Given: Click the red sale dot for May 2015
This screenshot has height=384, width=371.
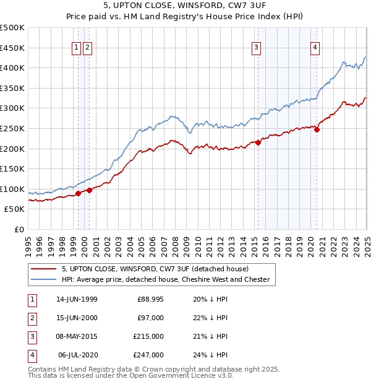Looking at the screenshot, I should tap(258, 142).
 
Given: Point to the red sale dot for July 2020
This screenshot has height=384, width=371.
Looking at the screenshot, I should tap(317, 129).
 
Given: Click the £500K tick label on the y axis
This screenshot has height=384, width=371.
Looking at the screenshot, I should tap(12, 28).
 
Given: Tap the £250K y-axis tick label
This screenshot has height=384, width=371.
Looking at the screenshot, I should tap(12, 128).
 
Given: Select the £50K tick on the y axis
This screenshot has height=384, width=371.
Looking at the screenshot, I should tap(15, 209).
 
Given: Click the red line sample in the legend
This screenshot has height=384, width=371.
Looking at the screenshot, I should tap(43, 269).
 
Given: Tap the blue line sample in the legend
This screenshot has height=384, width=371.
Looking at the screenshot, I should tap(43, 279).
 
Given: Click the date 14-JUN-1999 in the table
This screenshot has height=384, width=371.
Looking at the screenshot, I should tap(77, 299).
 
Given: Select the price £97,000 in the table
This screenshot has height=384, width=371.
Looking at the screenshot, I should tap(150, 318).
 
